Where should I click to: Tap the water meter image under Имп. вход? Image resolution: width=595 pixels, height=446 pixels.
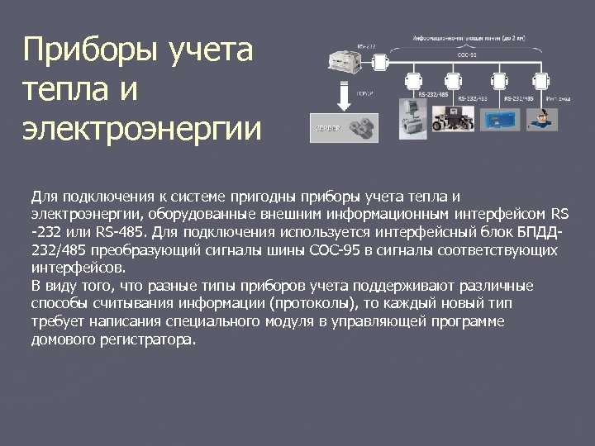541,118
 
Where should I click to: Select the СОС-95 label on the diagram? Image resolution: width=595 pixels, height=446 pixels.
467,55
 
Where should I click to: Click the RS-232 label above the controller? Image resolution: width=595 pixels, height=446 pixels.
366,45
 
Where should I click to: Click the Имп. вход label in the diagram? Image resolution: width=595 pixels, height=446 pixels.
557,98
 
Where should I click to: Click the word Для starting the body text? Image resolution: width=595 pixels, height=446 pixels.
43,197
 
